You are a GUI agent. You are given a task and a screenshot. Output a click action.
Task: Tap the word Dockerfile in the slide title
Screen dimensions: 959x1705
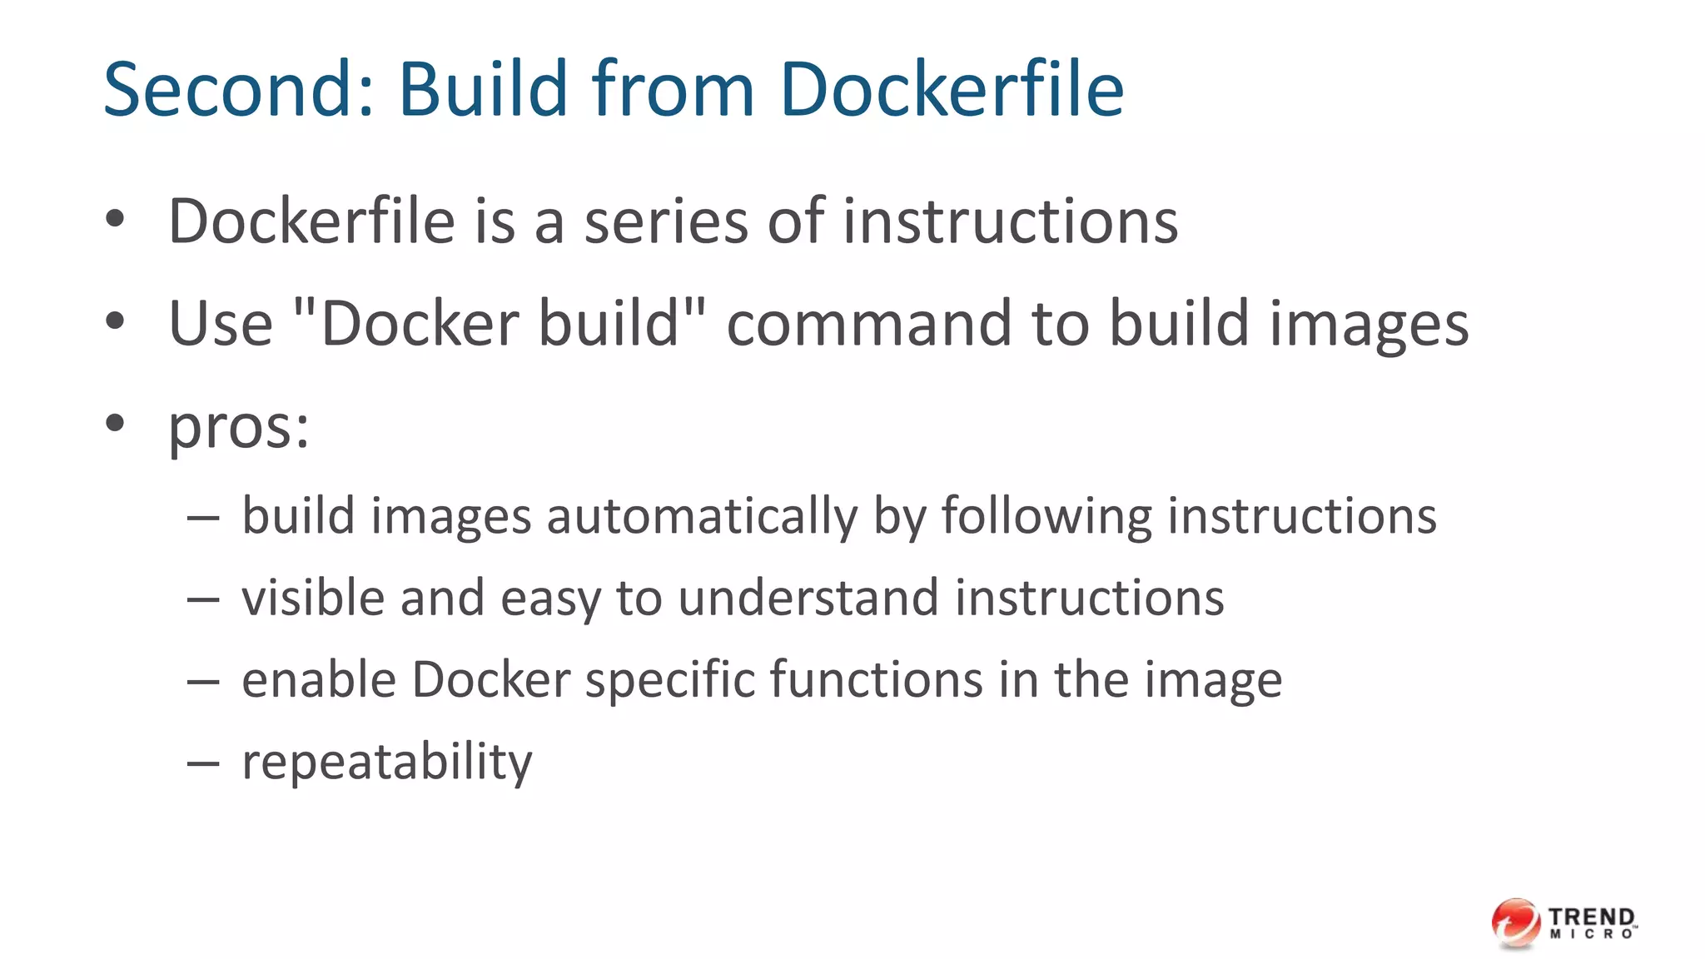click(951, 89)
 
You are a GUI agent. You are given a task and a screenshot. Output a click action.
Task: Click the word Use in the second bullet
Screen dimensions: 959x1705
click(221, 324)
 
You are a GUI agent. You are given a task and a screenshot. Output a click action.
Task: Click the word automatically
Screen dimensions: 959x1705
click(701, 517)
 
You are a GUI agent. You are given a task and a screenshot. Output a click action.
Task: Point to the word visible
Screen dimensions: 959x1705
click(313, 598)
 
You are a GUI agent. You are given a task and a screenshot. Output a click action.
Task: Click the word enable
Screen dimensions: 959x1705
click(319, 679)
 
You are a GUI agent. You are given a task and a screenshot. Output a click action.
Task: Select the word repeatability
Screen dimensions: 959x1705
click(386, 762)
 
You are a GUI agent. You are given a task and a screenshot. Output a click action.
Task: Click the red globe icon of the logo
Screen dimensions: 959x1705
click(1516, 923)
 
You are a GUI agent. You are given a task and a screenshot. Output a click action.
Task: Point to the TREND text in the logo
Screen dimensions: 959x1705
click(1592, 917)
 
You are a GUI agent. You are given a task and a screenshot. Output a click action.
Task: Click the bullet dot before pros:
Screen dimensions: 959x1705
click(115, 423)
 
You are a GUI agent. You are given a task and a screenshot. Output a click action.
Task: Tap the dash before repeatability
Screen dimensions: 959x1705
click(203, 762)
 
